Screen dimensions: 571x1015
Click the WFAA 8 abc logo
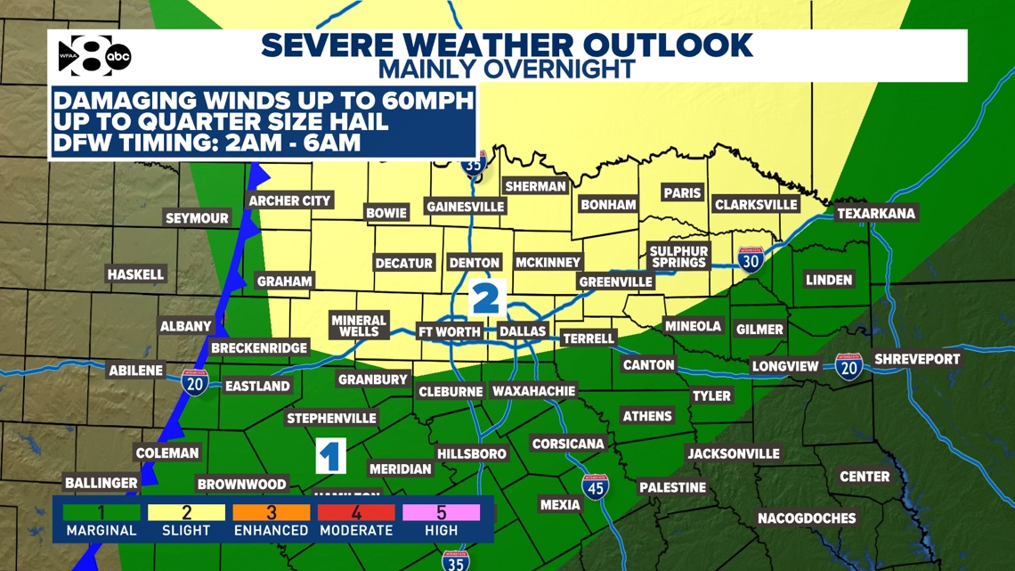pyautogui.click(x=93, y=57)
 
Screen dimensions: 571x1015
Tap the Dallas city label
pyautogui.click(x=522, y=331)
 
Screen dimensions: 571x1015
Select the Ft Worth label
pyautogui.click(x=450, y=331)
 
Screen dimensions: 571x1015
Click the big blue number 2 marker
pyautogui.click(x=485, y=298)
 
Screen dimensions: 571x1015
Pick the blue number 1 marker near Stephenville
pyautogui.click(x=330, y=456)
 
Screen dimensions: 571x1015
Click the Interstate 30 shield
pyautogui.click(x=751, y=259)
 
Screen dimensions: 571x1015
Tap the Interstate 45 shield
pyautogui.click(x=595, y=486)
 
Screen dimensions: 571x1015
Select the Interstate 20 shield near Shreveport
pyautogui.click(x=849, y=366)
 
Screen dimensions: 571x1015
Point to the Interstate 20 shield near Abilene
pyautogui.click(x=195, y=382)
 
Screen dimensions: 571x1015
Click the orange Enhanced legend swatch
pyautogui.click(x=272, y=513)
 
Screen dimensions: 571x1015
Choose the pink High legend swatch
pyautogui.click(x=442, y=513)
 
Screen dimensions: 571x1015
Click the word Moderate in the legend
pyautogui.click(x=357, y=530)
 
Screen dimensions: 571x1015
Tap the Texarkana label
pyautogui.click(x=876, y=214)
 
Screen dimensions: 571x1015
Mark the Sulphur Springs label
pyautogui.click(x=679, y=257)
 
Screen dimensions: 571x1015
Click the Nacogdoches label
pyautogui.click(x=807, y=518)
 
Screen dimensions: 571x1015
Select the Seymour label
pyautogui.click(x=197, y=217)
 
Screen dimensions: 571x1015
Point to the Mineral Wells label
pyautogui.click(x=359, y=325)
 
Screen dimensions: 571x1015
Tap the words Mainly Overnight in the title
pyautogui.click(x=507, y=68)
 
